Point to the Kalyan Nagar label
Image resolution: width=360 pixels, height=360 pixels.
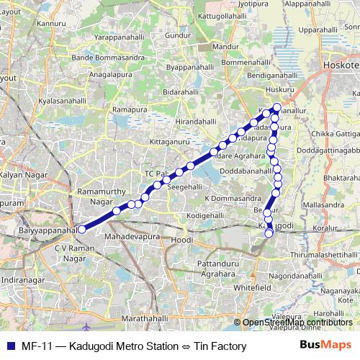coord(22,175)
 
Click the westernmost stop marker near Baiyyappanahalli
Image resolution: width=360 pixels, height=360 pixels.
coord(82,229)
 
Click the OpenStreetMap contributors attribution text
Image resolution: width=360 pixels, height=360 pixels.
coord(297,323)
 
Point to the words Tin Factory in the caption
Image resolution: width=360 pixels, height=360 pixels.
coord(220,346)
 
